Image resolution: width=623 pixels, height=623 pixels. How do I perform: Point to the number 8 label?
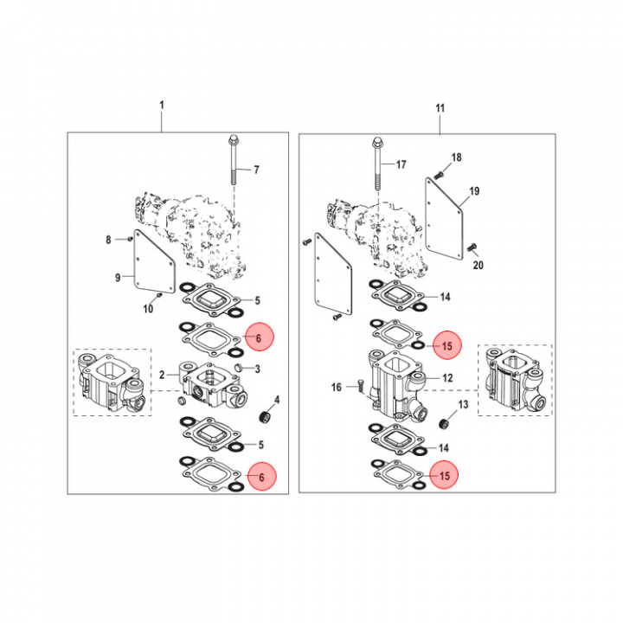coord(109,239)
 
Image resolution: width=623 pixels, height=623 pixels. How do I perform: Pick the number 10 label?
coord(148,308)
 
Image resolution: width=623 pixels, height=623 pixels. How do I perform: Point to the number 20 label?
coord(478,266)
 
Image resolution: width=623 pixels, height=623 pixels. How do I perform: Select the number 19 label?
coord(474,190)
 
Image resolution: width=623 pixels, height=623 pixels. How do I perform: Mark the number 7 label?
coord(255,169)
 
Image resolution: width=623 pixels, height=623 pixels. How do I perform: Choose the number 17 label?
coord(400,164)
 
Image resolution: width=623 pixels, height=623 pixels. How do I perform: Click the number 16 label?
coord(337,389)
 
